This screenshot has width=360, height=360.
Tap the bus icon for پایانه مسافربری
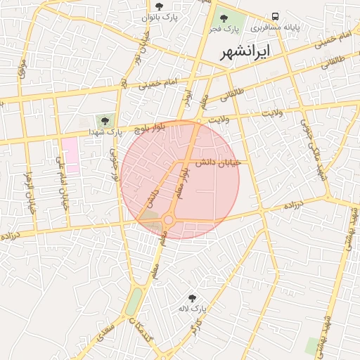(275, 16)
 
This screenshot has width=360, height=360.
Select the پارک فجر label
(224, 30)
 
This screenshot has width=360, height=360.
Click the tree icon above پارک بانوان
(159, 6)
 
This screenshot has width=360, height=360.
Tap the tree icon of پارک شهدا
(105, 121)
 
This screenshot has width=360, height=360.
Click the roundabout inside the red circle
(169, 220)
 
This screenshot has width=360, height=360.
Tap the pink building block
(70, 154)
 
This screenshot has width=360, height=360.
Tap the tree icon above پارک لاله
(193, 298)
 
